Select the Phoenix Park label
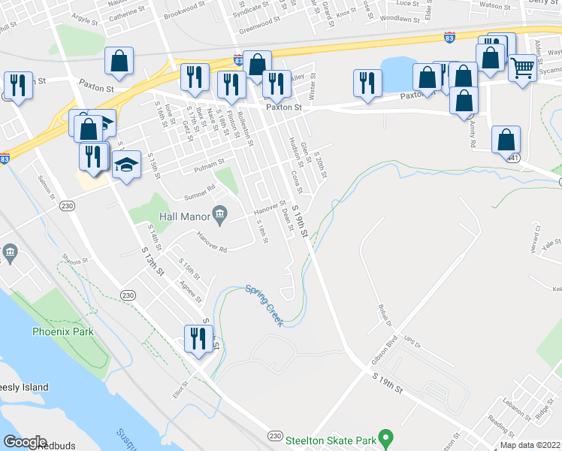[62, 331]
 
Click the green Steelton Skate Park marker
[385, 436]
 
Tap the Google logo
[26, 442]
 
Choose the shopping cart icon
[522, 68]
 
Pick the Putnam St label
[209, 162]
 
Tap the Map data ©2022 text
[530, 444]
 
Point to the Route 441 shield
[512, 158]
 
